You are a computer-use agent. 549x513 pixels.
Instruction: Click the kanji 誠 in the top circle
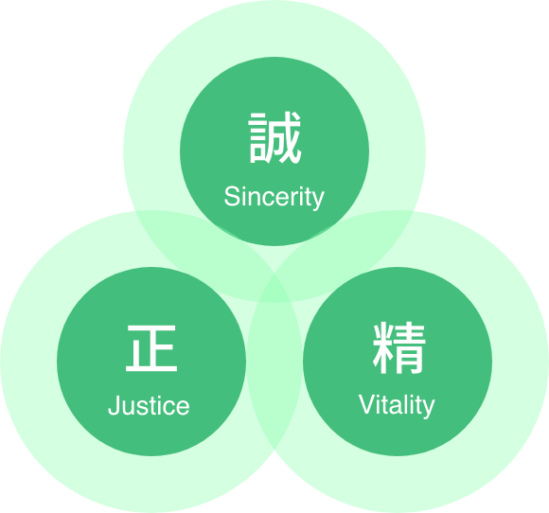click(x=274, y=137)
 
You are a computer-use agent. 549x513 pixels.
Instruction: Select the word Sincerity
click(x=274, y=197)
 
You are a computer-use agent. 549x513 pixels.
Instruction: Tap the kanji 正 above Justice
click(x=151, y=348)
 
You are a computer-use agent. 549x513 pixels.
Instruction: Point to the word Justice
click(x=149, y=405)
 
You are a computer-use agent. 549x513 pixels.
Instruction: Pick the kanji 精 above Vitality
click(x=399, y=347)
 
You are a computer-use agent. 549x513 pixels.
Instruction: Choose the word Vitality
click(x=397, y=405)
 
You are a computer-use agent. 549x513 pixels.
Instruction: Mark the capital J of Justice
click(x=115, y=405)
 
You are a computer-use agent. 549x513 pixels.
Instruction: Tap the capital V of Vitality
click(x=367, y=404)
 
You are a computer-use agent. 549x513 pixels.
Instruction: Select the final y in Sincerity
click(x=317, y=201)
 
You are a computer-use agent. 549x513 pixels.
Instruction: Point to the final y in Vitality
click(x=428, y=409)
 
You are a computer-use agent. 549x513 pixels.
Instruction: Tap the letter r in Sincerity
click(x=294, y=198)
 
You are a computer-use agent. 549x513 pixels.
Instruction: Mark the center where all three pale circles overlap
click(x=274, y=288)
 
